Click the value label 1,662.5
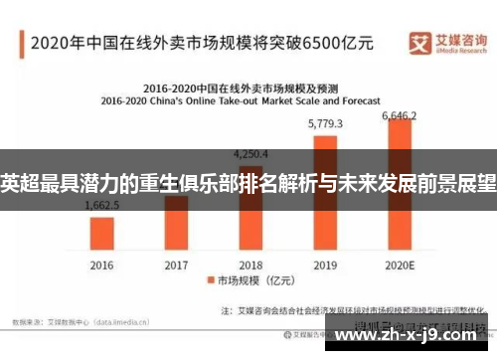tap(102, 206)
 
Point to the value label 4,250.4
tap(251, 154)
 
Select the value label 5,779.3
tap(326, 124)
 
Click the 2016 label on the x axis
tap(102, 266)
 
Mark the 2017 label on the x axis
tap(177, 266)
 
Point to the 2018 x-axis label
tap(251, 266)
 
